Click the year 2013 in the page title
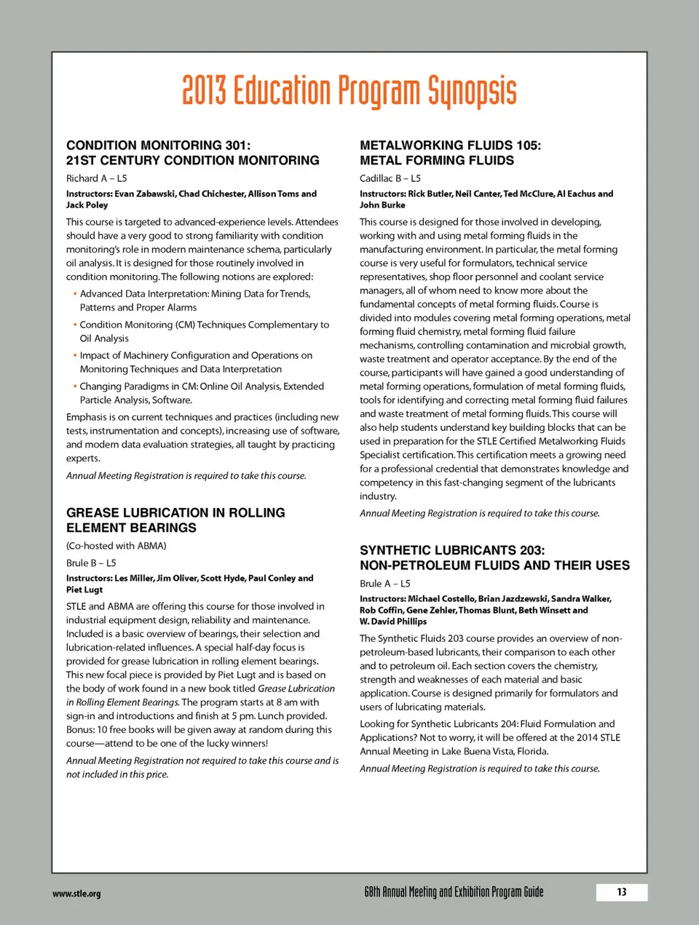coord(204,91)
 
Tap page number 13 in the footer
coord(621,892)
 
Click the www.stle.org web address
coord(76,894)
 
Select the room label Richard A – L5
coord(96,178)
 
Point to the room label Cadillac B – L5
coord(390,178)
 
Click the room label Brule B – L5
coord(91,563)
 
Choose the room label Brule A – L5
coord(384,583)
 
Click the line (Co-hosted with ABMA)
coord(116,545)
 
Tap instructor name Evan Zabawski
coord(145,194)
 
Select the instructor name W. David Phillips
coord(393,622)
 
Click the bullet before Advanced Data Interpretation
coord(74,294)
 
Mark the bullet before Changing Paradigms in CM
coord(74,386)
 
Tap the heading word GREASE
coord(91,512)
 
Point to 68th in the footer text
coord(372,892)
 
